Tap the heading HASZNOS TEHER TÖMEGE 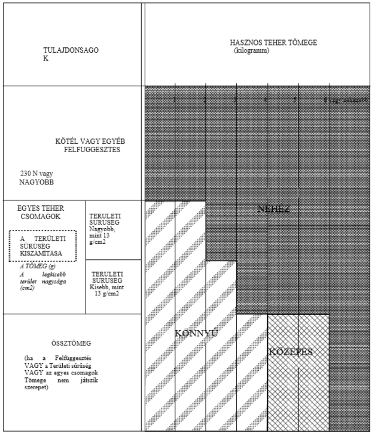(x=273, y=43)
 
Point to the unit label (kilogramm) (x=253, y=51)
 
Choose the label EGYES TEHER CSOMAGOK (x=42, y=212)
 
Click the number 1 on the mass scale (x=175, y=100)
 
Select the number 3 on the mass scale (x=235, y=100)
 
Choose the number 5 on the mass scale (x=295, y=100)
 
